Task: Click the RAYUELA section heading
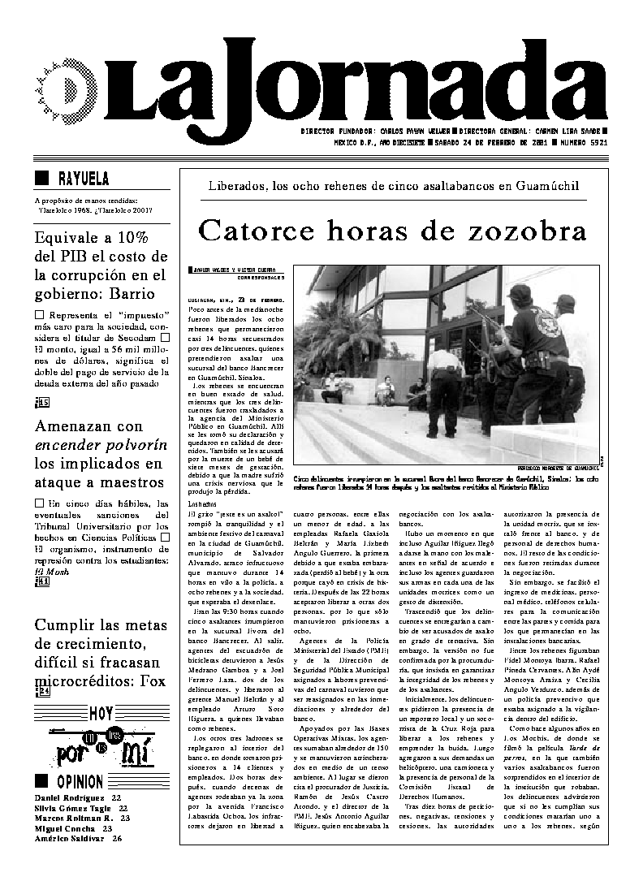tap(84, 179)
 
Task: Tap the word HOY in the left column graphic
tap(101, 713)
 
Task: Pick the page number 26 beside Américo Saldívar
tap(118, 838)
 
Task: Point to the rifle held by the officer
tap(486, 325)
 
